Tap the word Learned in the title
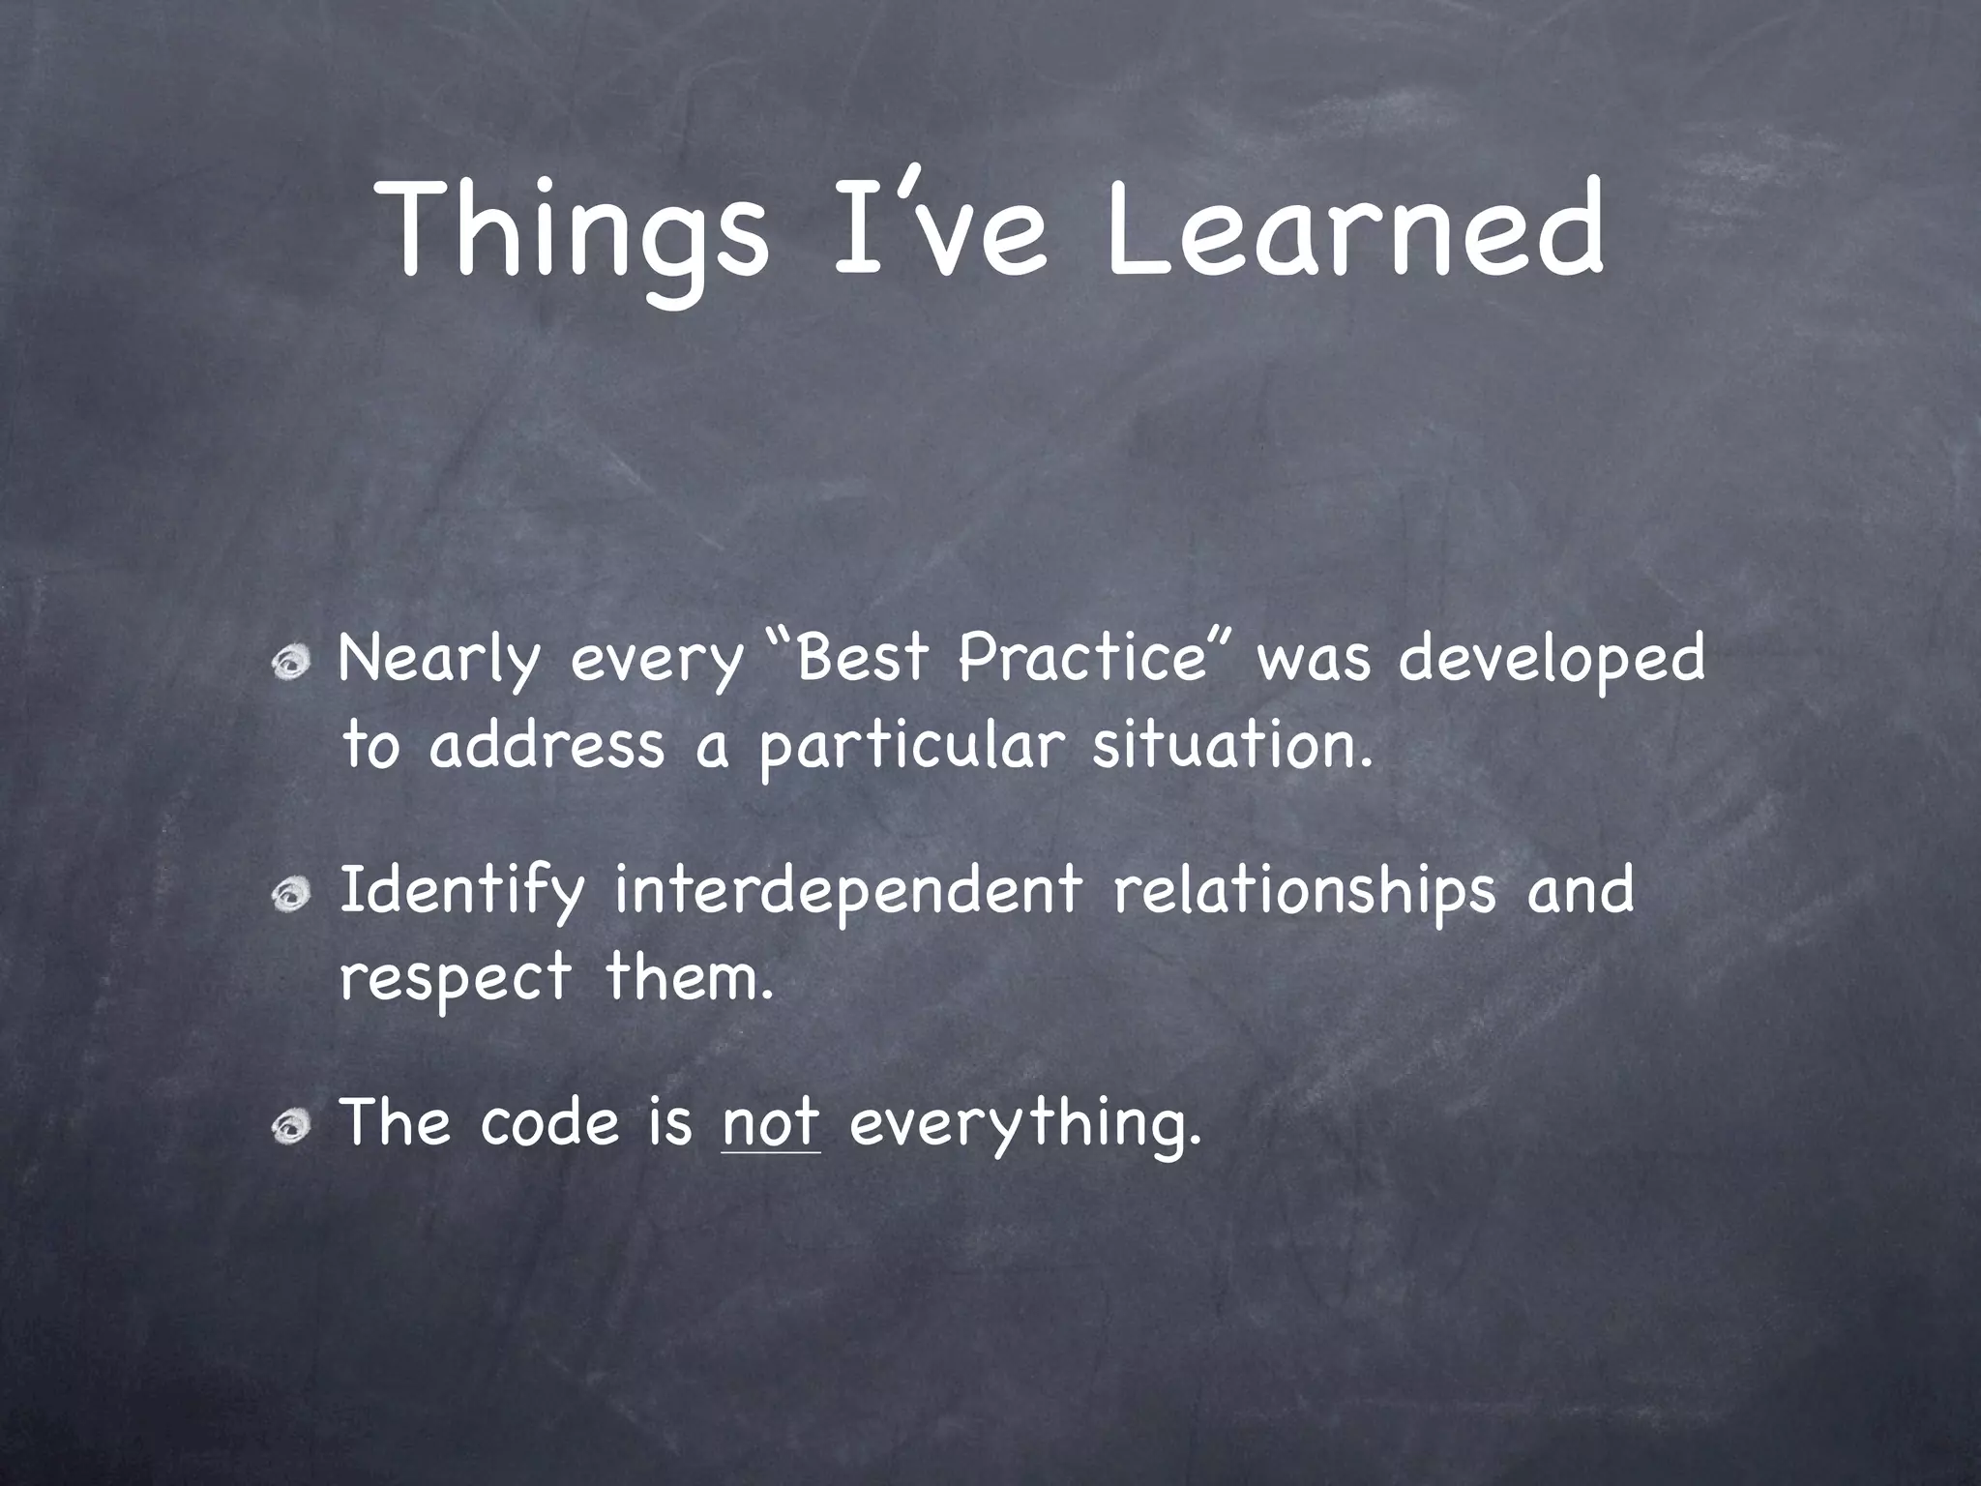pos(1354,232)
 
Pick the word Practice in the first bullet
pos(1079,658)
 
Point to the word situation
pos(1231,746)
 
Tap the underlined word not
pos(771,1123)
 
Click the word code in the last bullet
pos(548,1123)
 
